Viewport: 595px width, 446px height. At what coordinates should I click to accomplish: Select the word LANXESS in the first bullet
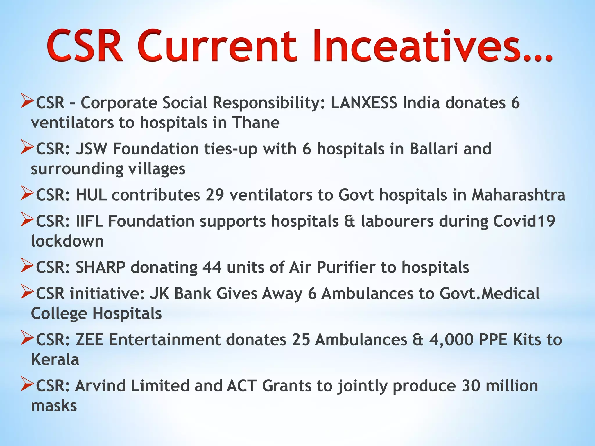[x=364, y=102]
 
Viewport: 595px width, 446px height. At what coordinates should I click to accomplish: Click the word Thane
[x=256, y=123]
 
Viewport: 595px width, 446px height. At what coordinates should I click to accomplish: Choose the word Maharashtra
[x=518, y=195]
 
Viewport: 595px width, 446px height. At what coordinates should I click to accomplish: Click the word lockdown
[x=67, y=241]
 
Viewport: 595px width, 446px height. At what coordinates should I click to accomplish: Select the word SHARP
[x=101, y=267]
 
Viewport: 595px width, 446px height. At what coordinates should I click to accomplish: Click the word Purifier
[x=346, y=267]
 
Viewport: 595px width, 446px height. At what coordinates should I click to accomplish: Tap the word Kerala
[x=55, y=360]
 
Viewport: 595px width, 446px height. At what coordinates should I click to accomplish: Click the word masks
[x=54, y=406]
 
